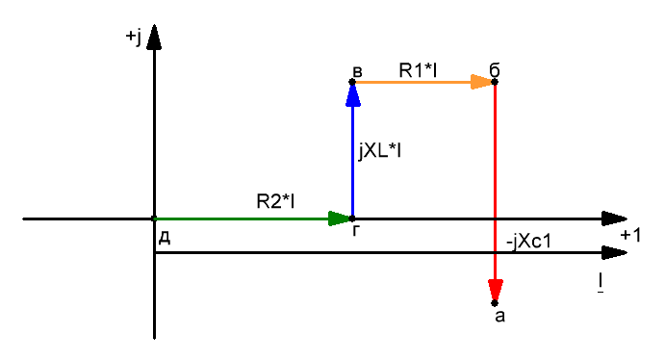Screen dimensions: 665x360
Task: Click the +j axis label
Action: tap(133, 37)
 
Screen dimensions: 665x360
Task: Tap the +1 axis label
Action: tap(630, 235)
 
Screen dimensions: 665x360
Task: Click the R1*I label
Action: tap(418, 70)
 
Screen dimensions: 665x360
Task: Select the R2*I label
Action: tap(275, 201)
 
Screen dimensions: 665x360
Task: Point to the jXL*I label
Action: tap(379, 151)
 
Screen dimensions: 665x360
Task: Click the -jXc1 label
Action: tap(529, 242)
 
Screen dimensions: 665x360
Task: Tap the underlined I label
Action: tap(601, 283)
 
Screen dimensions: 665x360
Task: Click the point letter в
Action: tap(358, 71)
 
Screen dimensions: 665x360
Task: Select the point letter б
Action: tap(495, 70)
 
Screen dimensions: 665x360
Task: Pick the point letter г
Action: tap(356, 230)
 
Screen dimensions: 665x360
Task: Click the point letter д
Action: tap(165, 239)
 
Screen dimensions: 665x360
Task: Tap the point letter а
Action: tap(500, 317)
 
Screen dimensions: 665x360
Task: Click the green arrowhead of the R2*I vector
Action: tap(340, 219)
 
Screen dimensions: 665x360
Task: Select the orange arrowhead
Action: tap(482, 82)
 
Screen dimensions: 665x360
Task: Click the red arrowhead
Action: tap(496, 290)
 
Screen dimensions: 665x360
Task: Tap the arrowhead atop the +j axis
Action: tap(154, 38)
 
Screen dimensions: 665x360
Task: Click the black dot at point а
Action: tap(495, 303)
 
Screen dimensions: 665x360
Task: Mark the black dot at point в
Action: tap(352, 82)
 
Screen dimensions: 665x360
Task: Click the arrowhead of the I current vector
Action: tap(615, 253)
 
